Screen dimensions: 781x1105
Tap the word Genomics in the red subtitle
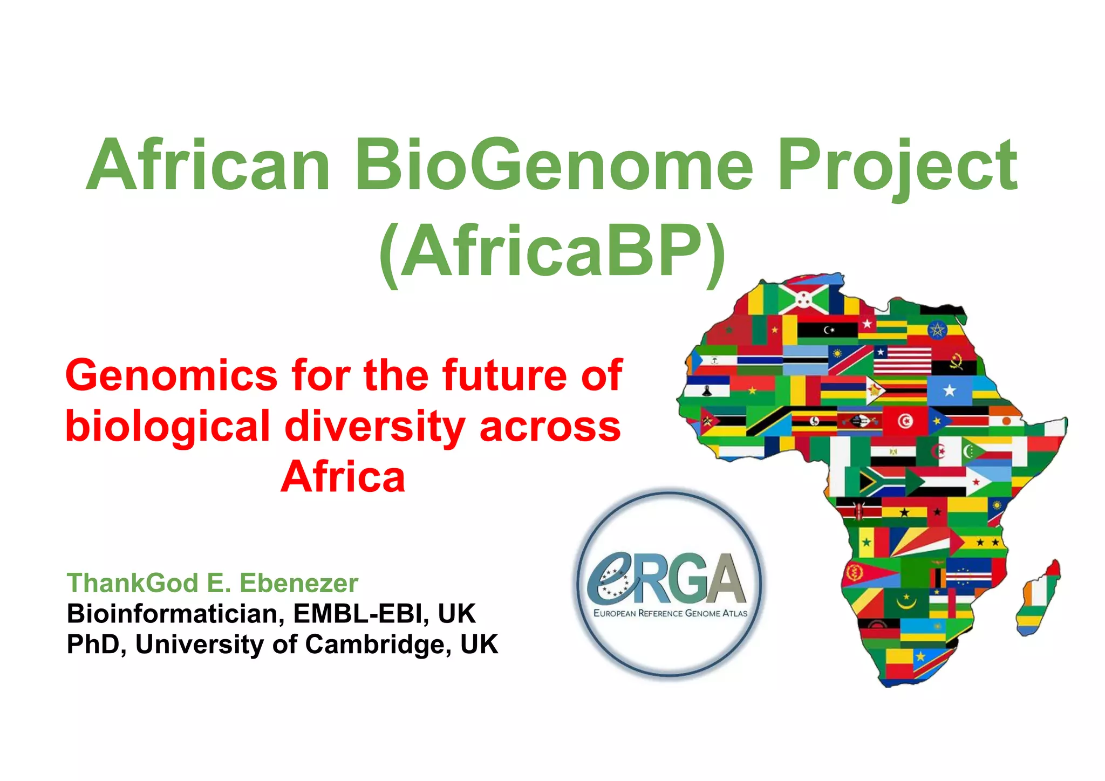(172, 376)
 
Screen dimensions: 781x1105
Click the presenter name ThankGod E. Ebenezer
(213, 583)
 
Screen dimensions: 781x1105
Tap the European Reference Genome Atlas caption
(670, 613)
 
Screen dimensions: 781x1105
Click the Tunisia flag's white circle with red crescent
(905, 421)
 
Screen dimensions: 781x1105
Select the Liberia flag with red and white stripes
(902, 360)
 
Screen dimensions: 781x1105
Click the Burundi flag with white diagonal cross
(803, 298)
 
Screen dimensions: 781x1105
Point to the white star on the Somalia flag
(949, 391)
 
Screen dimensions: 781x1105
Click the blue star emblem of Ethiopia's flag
(937, 330)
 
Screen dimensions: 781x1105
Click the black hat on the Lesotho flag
(706, 391)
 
